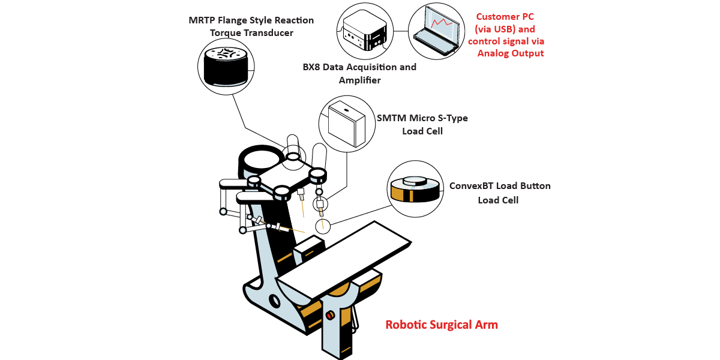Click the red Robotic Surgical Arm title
click(442, 325)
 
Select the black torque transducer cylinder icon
click(226, 66)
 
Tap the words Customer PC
click(505, 17)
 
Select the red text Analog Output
click(511, 53)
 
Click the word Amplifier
click(360, 80)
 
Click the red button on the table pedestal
click(329, 315)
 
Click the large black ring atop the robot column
click(261, 159)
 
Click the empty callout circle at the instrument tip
click(323, 226)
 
